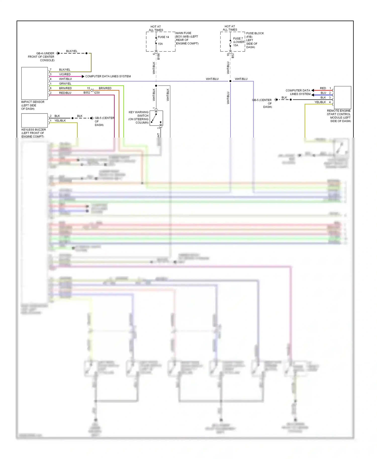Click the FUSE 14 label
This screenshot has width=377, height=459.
click(163, 37)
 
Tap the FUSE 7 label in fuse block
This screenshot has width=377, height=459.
click(238, 38)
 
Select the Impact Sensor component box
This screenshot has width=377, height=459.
click(34, 83)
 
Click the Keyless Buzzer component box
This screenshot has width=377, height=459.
click(34, 120)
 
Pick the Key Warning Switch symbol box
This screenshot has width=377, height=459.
click(156, 118)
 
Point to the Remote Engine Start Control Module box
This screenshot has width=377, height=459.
click(342, 97)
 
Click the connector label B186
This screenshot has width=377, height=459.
click(159, 56)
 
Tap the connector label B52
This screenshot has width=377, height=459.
click(233, 56)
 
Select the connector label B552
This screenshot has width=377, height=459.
click(87, 93)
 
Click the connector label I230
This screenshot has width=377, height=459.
click(97, 93)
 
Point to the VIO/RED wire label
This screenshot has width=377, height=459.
click(65, 74)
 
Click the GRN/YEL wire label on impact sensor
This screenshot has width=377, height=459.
click(65, 84)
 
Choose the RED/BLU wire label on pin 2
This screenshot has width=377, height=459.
click(65, 93)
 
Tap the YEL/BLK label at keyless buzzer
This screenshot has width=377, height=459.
click(60, 121)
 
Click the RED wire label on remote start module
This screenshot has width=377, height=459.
click(323, 88)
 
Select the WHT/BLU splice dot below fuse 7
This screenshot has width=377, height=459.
click(230, 81)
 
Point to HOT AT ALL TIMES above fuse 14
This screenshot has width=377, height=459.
click(156, 28)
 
